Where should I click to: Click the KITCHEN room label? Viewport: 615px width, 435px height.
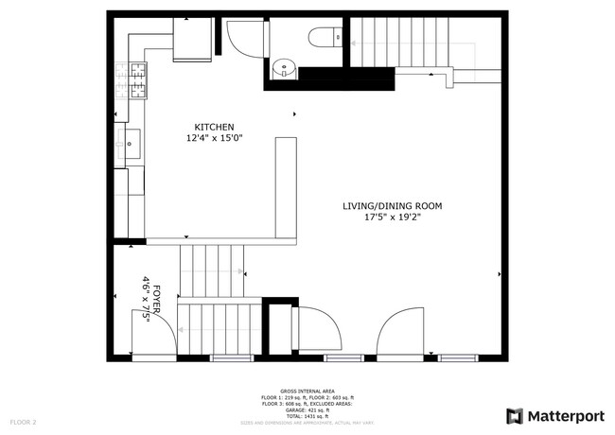point(214,128)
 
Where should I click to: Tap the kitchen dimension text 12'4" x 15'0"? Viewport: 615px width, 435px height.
point(214,138)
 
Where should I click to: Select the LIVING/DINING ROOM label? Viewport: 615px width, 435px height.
point(392,205)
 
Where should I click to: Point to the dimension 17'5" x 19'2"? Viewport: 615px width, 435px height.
point(392,217)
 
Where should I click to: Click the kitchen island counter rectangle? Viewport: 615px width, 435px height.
point(286,186)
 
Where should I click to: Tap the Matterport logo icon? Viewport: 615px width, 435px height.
point(514,415)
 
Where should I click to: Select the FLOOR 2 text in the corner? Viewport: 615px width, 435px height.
point(23,421)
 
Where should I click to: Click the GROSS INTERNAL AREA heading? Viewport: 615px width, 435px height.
point(307,390)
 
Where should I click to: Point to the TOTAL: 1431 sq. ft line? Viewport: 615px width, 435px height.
point(307,416)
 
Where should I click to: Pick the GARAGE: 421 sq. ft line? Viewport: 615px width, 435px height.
point(307,409)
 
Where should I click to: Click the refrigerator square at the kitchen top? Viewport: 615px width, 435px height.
point(193,41)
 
